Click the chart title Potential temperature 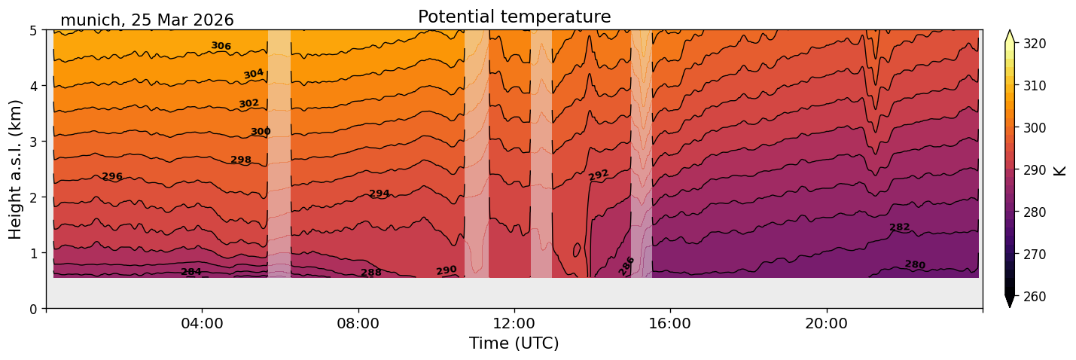click(514, 17)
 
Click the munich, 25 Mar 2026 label click(147, 20)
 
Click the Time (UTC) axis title click(514, 343)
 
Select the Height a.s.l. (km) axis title click(16, 169)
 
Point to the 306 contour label click(221, 46)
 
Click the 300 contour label click(261, 132)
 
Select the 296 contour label click(112, 177)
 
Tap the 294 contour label click(379, 194)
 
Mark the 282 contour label click(900, 227)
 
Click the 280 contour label click(915, 264)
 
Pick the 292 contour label click(599, 175)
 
